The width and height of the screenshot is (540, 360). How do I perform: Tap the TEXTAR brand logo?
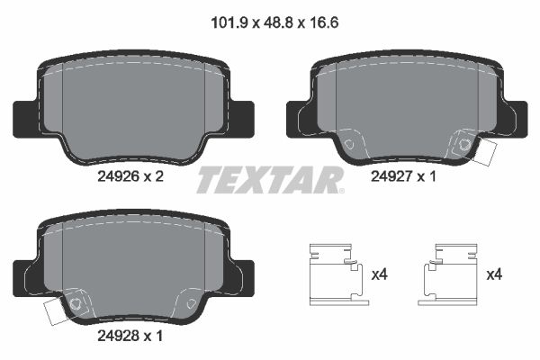pyautogui.click(x=270, y=179)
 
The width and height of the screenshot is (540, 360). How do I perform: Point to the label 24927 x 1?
pyautogui.click(x=403, y=177)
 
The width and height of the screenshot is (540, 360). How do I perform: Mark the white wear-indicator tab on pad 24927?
pyautogui.click(x=487, y=150)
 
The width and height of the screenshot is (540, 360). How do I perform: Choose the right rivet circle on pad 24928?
pyautogui.click(x=191, y=304)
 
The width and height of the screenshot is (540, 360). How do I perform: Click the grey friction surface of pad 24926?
pyautogui.click(x=135, y=103)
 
